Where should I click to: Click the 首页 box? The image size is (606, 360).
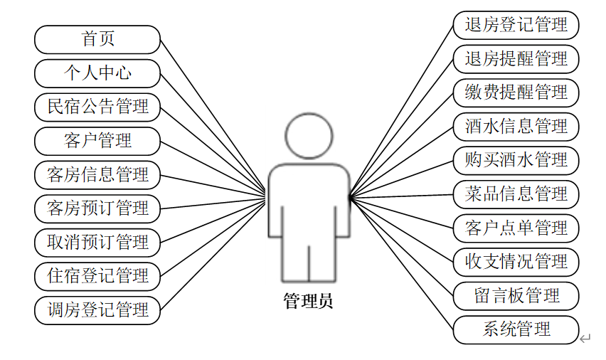(98, 39)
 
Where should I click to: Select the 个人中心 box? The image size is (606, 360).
(98, 73)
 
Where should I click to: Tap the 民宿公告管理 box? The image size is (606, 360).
(98, 107)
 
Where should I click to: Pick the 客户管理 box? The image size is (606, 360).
(98, 140)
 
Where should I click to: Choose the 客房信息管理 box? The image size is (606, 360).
(98, 174)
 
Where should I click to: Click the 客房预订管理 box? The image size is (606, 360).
(98, 208)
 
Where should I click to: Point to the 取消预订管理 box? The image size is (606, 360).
(98, 242)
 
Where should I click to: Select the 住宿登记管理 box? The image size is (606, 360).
(98, 275)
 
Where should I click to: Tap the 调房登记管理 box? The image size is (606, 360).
(98, 309)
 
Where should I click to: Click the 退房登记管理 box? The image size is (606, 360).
(516, 25)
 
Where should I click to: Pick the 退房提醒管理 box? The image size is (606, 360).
(516, 58)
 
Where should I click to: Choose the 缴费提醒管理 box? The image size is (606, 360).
(516, 92)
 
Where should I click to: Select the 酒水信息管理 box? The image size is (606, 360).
(516, 127)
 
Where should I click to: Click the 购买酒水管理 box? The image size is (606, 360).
(516, 160)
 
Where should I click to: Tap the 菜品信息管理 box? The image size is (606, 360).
(516, 194)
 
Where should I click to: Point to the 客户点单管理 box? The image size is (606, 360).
(516, 228)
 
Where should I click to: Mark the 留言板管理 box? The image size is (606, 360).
(516, 295)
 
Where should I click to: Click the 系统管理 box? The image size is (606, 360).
(516, 329)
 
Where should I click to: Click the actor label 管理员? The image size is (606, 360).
(308, 301)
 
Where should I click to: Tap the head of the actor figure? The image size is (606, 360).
(309, 135)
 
